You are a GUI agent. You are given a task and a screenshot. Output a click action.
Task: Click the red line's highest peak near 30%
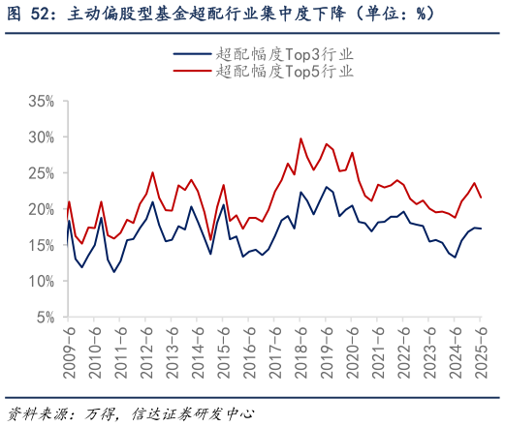300,138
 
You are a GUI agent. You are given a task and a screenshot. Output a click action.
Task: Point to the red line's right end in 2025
482,198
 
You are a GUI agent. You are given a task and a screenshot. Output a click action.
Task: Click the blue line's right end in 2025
482,229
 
